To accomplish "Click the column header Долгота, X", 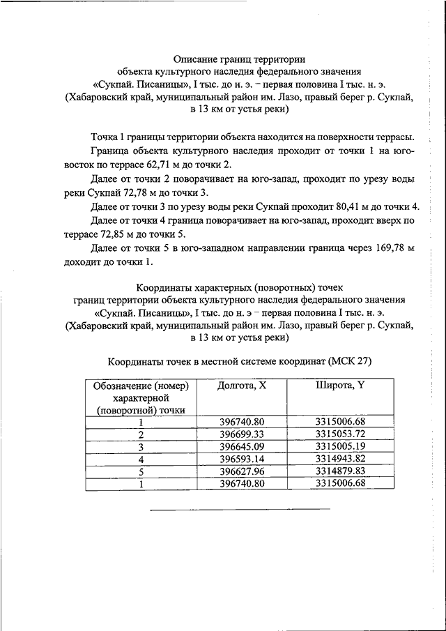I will pyautogui.click(x=242, y=385).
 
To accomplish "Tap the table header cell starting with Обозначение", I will pyautogui.click(x=141, y=397).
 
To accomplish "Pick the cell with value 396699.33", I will pyautogui.click(x=242, y=434).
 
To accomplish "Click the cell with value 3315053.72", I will pyautogui.click(x=340, y=434).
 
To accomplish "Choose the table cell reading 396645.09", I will pyautogui.click(x=242, y=446).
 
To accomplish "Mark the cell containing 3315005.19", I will pyautogui.click(x=340, y=446).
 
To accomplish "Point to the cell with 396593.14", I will pyautogui.click(x=242, y=459).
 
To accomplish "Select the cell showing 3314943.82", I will pyautogui.click(x=340, y=459).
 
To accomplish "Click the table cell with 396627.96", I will pyautogui.click(x=242, y=471).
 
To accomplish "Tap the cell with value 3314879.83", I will pyautogui.click(x=340, y=471).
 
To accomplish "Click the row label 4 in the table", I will pyautogui.click(x=141, y=459).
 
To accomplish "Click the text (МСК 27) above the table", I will pyautogui.click(x=349, y=361).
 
